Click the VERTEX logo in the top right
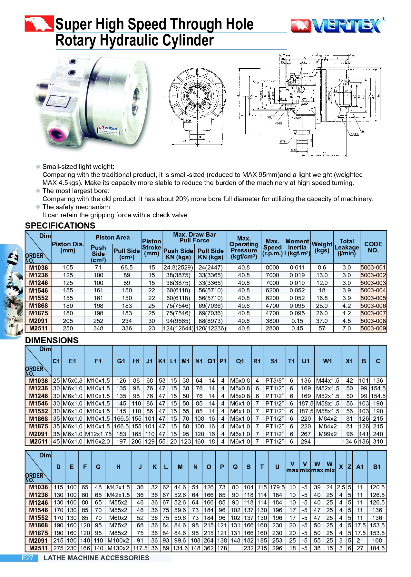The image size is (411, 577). [x=337, y=25]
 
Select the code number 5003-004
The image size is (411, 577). [x=373, y=290]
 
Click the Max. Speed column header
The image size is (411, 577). [x=272, y=247]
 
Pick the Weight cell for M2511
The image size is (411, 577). [x=322, y=328]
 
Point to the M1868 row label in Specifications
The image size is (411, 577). [x=38, y=306]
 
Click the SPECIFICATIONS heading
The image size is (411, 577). [x=60, y=225]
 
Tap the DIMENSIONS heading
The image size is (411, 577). [x=52, y=340]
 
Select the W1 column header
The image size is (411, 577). [x=328, y=361]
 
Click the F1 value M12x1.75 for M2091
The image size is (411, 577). [x=98, y=434]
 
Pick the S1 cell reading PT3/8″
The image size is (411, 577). [x=274, y=381]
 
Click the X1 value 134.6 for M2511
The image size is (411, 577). [x=349, y=442]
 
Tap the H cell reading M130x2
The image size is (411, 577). [x=118, y=548]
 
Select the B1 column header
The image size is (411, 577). [x=377, y=467]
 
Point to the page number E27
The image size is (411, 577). [x=27, y=558]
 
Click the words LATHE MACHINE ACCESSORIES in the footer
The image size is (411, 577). [x=96, y=558]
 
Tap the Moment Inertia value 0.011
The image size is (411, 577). [x=297, y=268]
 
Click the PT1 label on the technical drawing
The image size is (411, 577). [x=282, y=142]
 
